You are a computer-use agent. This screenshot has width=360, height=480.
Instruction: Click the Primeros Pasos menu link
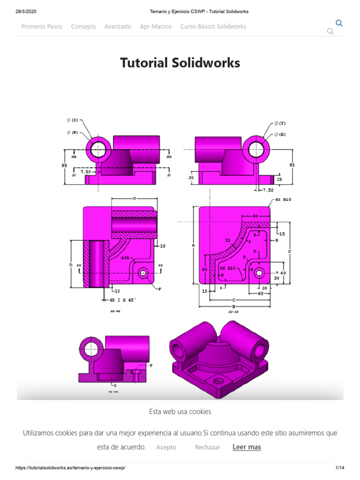pos(42,27)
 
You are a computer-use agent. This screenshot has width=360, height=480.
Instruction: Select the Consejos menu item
pos(83,27)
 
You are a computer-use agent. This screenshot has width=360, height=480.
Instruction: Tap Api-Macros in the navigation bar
pos(156,27)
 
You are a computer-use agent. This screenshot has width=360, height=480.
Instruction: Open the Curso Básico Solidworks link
pos(213,27)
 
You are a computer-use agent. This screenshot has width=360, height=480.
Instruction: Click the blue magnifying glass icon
pos(339,23)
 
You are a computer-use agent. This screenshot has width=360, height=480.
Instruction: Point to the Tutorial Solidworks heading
pos(180,63)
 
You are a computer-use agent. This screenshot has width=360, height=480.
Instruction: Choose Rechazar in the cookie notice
pos(207,447)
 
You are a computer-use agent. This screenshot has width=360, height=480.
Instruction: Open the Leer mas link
pos(247,447)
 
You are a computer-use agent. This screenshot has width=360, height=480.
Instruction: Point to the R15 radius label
pos(126,258)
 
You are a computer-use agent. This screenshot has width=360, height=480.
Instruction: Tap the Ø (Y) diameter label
pos(280,123)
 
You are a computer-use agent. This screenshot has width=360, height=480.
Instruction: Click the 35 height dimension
pos(191,178)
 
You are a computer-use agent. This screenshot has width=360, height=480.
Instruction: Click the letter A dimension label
pos(193,245)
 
